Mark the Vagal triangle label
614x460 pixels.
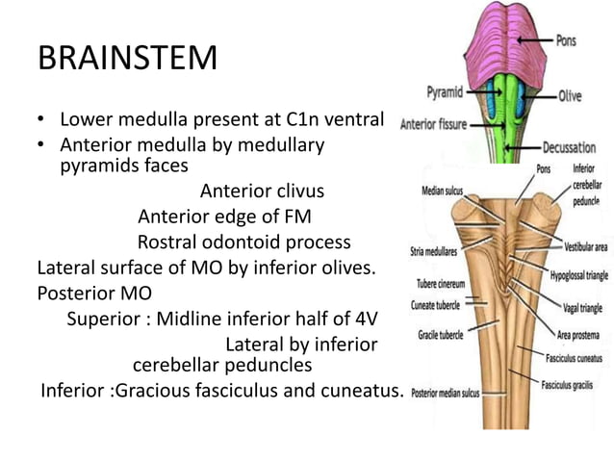582,308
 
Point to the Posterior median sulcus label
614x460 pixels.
448,393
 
